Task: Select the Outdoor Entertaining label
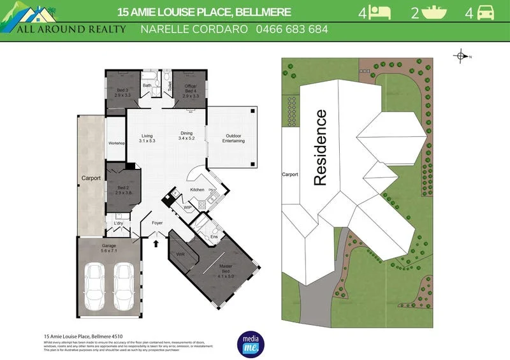tap(233, 138)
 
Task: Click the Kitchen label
tap(197, 190)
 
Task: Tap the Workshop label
tap(116, 143)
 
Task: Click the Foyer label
tap(157, 223)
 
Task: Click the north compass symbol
tap(460, 56)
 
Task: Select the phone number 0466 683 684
tap(292, 29)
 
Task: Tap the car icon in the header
tap(485, 12)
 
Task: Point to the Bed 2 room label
tap(124, 190)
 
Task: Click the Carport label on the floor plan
tap(91, 178)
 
